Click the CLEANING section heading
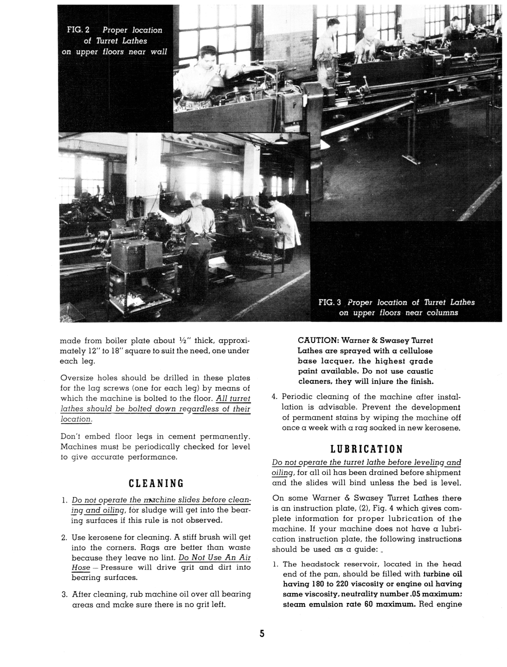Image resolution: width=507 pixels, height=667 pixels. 156,483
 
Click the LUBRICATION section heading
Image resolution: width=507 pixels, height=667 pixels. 366,448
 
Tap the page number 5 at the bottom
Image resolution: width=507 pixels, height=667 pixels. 261,634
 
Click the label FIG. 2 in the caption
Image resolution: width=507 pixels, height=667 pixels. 78,30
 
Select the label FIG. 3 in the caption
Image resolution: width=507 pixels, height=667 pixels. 330,302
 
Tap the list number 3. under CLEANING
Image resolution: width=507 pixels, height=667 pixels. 64,594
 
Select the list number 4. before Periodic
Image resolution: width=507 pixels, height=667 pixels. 274,397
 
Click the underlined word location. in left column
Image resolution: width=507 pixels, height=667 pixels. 76,419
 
